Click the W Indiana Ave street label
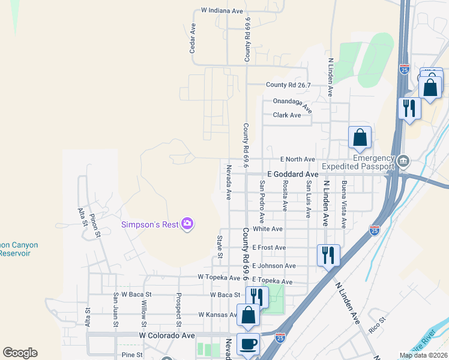point(222,11)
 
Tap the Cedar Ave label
point(193,38)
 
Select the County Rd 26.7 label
point(289,85)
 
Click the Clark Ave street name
point(287,115)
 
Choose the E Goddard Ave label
point(292,173)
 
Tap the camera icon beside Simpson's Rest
point(188,224)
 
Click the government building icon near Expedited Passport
point(403,161)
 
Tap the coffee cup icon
point(248,344)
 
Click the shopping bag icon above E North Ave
point(360,137)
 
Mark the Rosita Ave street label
point(285,196)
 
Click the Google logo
point(20,353)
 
